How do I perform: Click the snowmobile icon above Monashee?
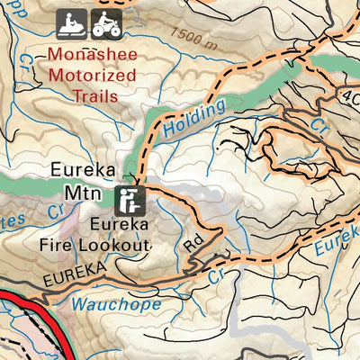69,24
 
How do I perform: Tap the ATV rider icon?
105,24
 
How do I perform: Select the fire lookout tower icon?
130,195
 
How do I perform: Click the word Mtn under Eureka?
80,192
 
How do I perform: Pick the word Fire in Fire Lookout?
73,241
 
